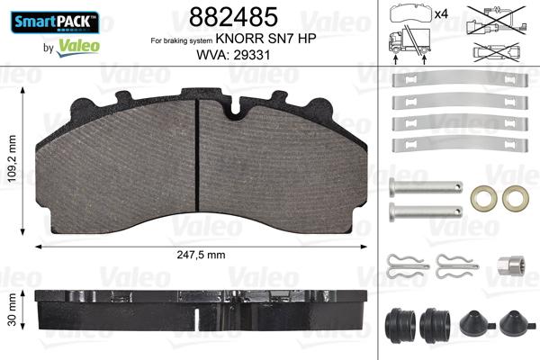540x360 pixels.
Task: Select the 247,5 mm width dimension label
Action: (x=204, y=256)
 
